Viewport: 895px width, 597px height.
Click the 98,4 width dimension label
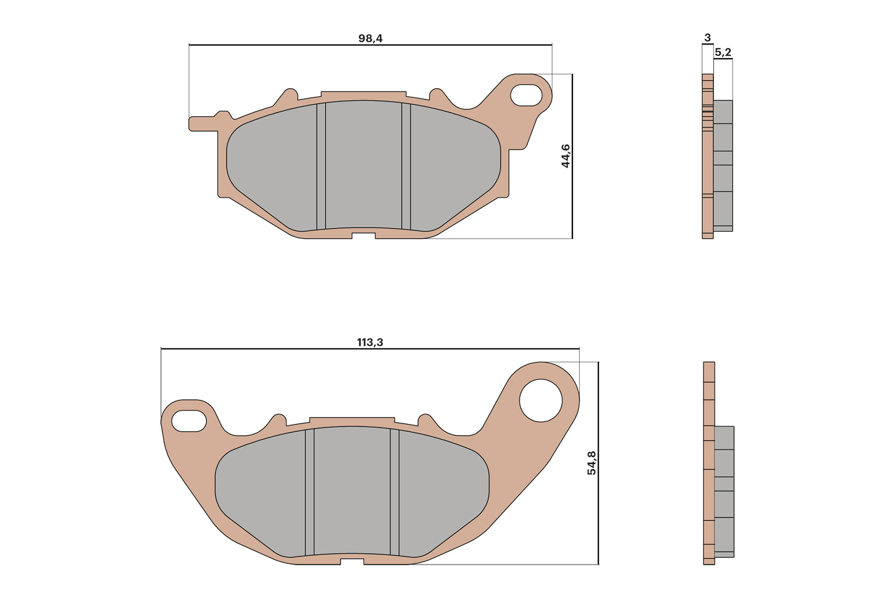tap(370, 38)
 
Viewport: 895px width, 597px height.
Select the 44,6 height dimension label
tap(565, 156)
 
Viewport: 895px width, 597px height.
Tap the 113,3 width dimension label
tap(370, 342)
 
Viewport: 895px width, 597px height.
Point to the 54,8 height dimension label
tap(591, 463)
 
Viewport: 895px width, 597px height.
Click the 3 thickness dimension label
tap(707, 38)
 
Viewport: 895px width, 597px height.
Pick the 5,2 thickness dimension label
tap(723, 52)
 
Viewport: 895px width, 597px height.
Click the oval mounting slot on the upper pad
tap(526, 95)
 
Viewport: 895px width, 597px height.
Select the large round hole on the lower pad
tap(541, 401)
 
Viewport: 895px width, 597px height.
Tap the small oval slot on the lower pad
tap(189, 421)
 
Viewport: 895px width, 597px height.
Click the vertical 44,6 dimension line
tap(572, 202)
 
